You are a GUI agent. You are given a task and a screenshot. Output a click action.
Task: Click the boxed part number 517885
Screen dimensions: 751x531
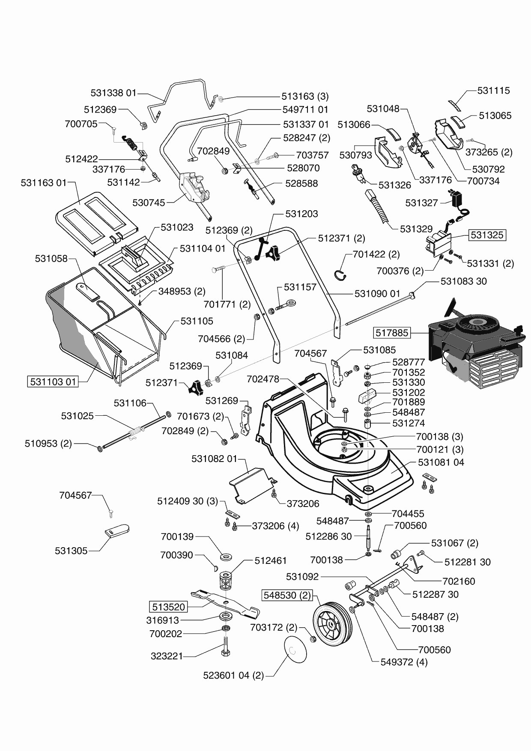point(392,332)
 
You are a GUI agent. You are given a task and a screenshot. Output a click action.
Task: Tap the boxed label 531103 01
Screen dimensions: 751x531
point(54,381)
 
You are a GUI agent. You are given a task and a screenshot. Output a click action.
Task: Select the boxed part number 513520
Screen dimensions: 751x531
point(168,607)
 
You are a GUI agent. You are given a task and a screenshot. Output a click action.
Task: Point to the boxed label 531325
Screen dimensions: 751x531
point(487,235)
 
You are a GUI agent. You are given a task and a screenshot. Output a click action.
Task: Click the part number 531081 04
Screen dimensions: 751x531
point(441,462)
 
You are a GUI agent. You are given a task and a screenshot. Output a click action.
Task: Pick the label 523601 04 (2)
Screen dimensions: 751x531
point(233,676)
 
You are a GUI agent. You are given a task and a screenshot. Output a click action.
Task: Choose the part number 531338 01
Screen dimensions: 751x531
point(113,93)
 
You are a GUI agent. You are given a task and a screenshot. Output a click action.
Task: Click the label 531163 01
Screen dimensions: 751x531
point(44,183)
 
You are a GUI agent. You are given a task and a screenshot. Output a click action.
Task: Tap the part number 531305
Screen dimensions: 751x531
point(71,551)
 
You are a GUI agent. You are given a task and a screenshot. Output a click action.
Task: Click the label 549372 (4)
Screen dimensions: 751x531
point(404,662)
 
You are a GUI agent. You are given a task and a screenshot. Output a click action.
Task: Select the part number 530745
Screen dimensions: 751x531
point(149,203)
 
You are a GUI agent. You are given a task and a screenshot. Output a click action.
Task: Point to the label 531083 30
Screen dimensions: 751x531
point(463,281)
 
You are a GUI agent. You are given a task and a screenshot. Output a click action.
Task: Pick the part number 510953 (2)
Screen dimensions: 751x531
point(48,444)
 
